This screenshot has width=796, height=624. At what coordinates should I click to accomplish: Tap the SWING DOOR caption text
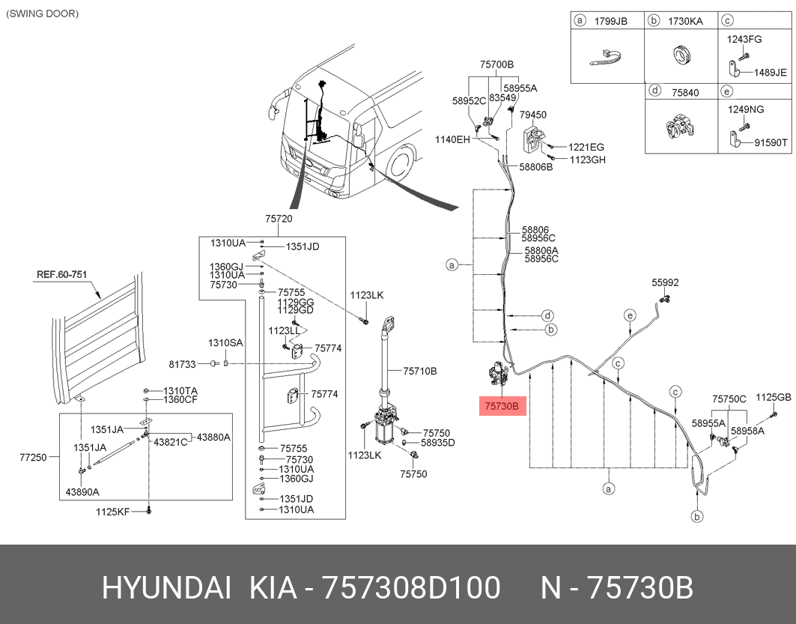42,13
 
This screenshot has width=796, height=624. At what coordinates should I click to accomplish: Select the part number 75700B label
496,64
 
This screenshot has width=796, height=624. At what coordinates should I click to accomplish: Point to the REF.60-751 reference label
62,274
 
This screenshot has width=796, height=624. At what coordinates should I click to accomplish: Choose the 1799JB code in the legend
610,21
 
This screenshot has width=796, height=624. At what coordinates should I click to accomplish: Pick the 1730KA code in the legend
686,21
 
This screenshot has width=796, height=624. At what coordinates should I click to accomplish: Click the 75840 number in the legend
684,92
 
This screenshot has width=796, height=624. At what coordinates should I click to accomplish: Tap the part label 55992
665,282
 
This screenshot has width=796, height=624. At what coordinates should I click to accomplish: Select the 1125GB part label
773,397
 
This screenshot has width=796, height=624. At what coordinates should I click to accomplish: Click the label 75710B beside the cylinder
419,371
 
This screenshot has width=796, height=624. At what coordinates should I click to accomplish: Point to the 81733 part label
182,364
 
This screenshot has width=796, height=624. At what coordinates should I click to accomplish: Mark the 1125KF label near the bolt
112,512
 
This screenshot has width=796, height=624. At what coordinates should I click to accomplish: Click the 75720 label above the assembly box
278,219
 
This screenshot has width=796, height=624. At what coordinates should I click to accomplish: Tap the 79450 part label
533,115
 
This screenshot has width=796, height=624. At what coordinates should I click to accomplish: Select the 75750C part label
729,399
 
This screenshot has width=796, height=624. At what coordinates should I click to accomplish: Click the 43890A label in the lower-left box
82,491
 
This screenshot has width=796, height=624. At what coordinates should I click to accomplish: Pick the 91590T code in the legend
771,142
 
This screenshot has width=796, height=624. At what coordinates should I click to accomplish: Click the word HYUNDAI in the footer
166,589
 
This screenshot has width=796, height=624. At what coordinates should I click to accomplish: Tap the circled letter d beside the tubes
547,315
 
